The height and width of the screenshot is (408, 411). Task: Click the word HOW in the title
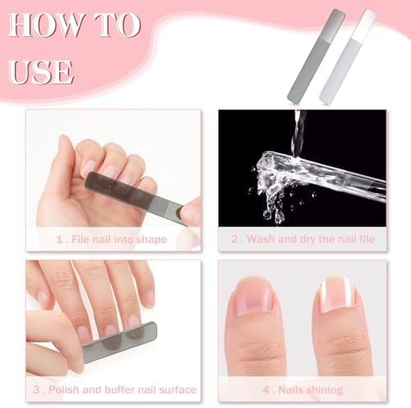click(45, 25)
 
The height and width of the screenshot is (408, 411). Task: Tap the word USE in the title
click(41, 72)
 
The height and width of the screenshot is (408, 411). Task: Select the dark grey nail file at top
click(316, 56)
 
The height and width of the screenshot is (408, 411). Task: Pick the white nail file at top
click(348, 57)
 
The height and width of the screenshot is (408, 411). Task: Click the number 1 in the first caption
click(59, 240)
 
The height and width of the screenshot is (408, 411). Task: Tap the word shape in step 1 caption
click(151, 240)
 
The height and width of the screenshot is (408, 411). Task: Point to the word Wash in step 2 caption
click(261, 239)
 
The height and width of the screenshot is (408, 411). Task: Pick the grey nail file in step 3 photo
click(120, 342)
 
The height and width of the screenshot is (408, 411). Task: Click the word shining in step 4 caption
click(326, 390)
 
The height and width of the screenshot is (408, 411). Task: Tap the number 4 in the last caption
click(266, 390)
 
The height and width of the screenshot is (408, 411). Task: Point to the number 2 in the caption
click(234, 239)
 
